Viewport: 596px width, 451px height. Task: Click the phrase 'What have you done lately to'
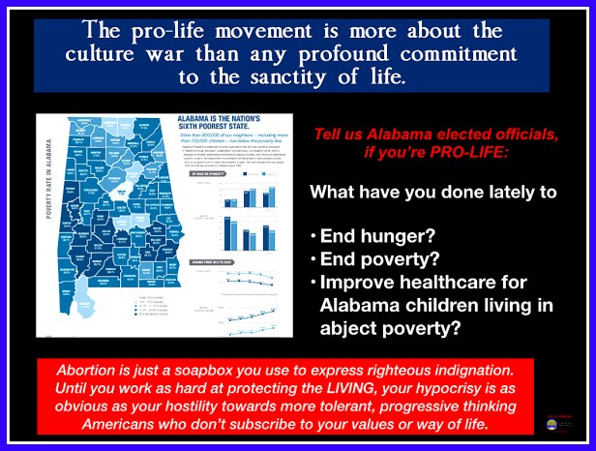tap(432, 192)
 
